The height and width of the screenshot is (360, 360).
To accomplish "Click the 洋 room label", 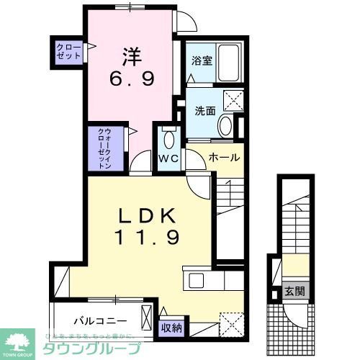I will (130, 55).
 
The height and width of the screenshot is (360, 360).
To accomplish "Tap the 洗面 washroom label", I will (206, 112).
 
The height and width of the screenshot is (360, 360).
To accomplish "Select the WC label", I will (170, 158).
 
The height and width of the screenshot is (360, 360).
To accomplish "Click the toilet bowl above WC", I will (170, 139).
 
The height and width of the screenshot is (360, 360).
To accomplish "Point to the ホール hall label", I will (223, 157).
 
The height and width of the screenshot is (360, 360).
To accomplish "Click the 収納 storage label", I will (171, 328).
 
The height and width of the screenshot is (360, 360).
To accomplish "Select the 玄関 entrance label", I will (294, 292).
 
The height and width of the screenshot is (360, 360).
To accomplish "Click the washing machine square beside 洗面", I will (232, 100).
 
